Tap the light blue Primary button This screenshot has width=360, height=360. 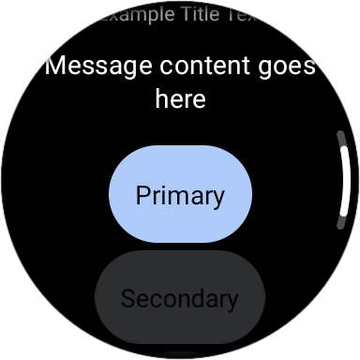pyautogui.click(x=180, y=195)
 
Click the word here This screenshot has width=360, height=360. pyautogui.click(x=180, y=98)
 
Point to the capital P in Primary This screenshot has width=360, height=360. pyautogui.click(x=142, y=195)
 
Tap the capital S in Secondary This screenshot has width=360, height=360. pyautogui.click(x=127, y=299)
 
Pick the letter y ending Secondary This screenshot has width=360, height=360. pyautogui.click(x=232, y=301)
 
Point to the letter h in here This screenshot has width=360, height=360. pyautogui.click(x=160, y=97)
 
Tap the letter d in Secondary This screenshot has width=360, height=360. pyautogui.click(x=196, y=299)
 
